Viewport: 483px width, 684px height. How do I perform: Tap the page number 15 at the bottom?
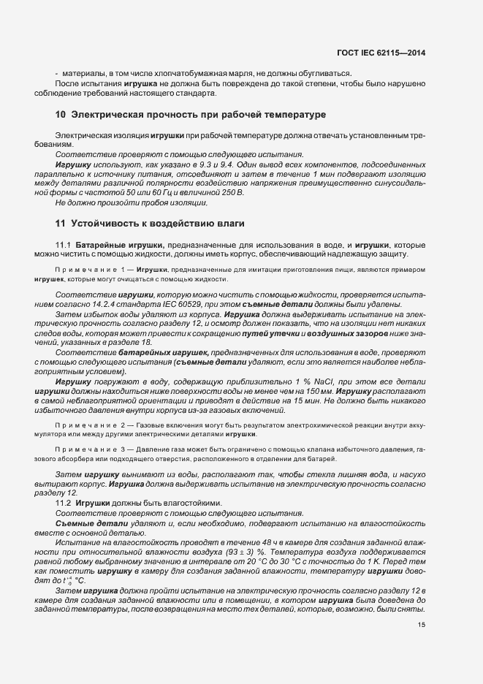point(422,625)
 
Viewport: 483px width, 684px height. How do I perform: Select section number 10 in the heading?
point(61,115)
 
